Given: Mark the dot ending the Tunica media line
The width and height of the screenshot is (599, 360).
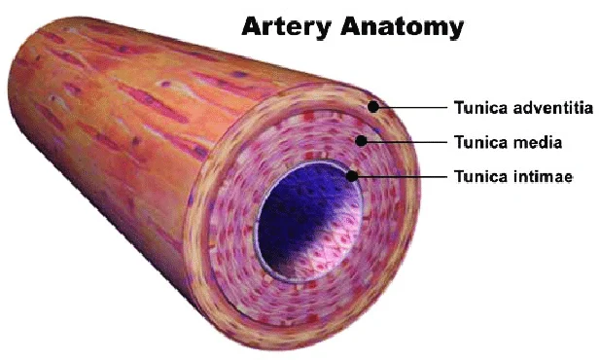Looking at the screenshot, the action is coord(362,141).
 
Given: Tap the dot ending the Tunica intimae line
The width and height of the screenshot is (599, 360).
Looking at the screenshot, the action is coord(353,176).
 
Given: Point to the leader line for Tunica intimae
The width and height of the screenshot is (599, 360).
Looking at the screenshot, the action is coord(399,176).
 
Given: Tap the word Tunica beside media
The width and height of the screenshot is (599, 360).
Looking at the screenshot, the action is coord(476,142).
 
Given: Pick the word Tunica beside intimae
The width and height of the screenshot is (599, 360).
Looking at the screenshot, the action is coord(476,177).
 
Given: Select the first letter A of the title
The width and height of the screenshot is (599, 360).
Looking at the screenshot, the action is coord(252,27).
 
